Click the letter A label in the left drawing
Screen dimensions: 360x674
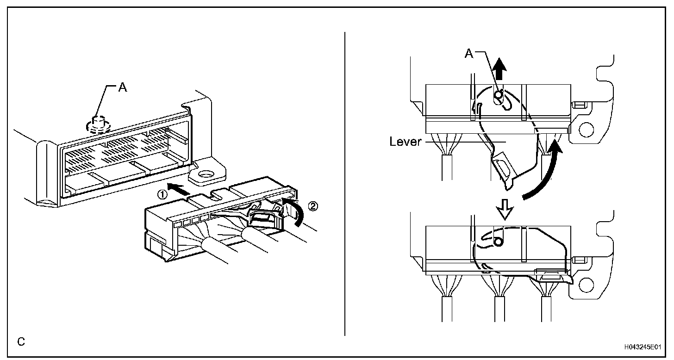122,88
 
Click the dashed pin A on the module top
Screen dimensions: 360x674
97,124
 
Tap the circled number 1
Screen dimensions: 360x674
162,195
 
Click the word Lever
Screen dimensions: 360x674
406,142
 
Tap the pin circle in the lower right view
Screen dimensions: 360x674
498,242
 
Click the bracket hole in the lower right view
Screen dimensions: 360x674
586,282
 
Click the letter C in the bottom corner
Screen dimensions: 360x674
21,342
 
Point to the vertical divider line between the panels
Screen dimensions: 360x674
345,185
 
